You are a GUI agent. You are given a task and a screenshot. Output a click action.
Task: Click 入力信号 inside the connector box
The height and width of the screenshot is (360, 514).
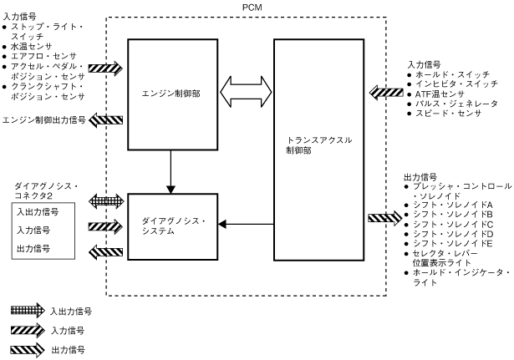[x=34, y=230]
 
